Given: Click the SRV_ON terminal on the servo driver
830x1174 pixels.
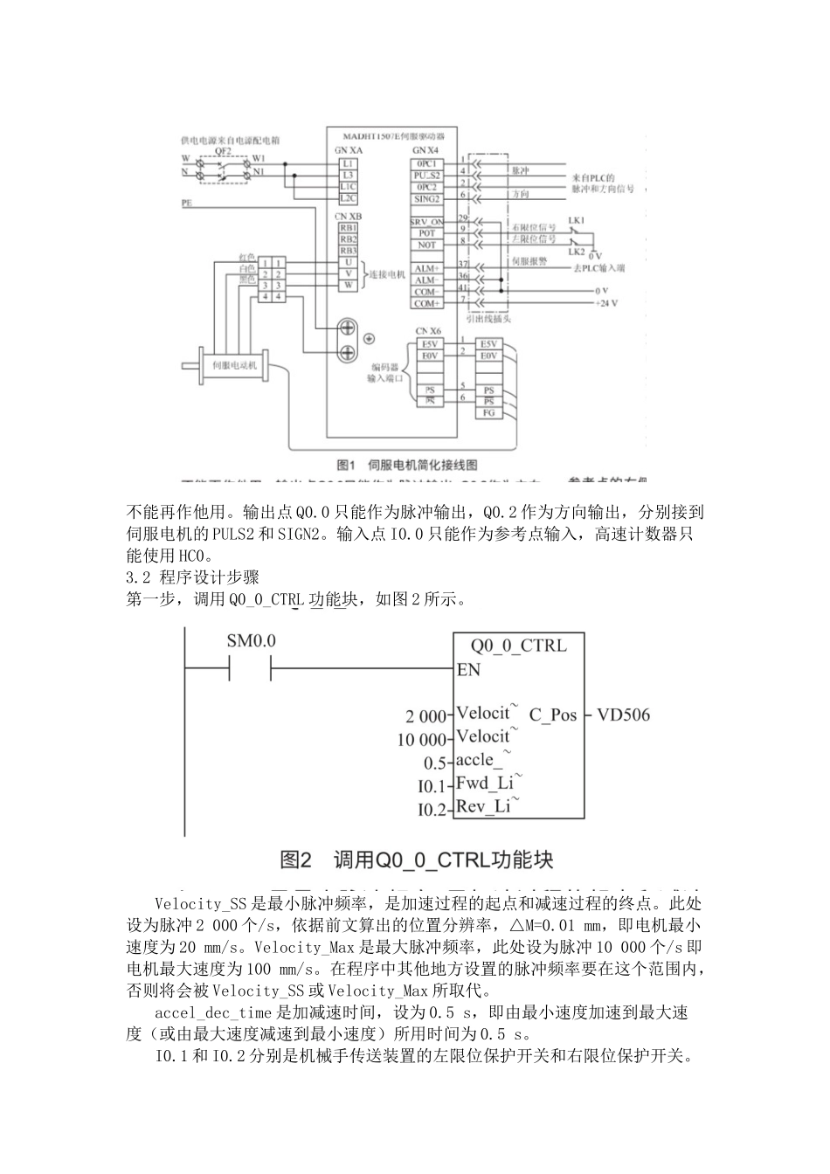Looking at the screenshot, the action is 426,222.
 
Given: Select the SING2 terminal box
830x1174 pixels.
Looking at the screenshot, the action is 426,199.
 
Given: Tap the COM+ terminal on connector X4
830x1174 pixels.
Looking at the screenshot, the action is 426,303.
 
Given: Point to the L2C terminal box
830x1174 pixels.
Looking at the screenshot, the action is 348,199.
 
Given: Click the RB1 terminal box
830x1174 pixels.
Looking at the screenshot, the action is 348,228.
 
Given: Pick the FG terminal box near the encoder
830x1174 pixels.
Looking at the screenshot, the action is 488,412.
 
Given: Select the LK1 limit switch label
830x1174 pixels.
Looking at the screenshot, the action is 577,218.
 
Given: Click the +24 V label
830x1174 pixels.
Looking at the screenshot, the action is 605,303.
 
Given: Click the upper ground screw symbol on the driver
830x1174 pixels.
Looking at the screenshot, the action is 347,328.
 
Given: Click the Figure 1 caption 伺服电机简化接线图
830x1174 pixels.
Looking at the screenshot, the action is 407,465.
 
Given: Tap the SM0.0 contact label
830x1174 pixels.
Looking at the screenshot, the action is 251,640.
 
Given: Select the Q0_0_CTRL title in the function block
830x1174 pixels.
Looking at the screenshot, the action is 518,646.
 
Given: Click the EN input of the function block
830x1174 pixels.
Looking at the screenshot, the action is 468,670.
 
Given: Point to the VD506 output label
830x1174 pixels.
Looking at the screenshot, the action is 623,715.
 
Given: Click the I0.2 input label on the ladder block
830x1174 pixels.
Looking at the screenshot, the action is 432,810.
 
